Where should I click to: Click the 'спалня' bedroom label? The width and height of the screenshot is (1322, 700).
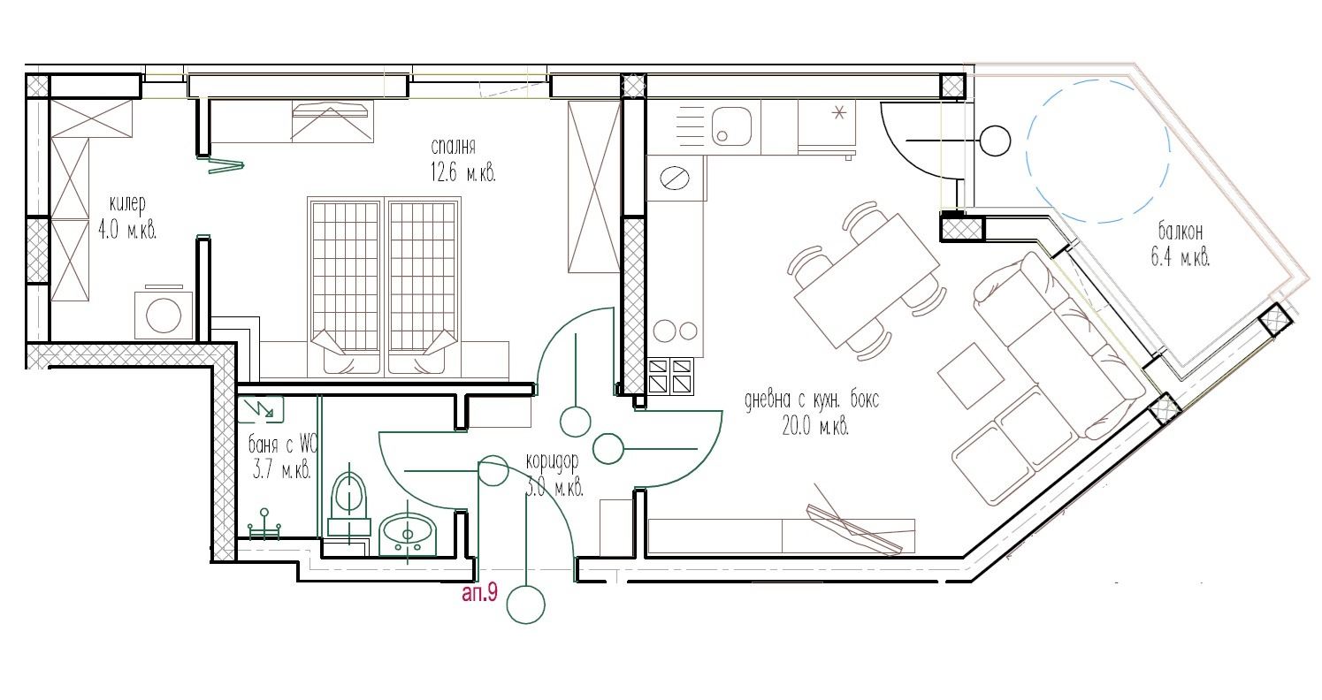pos(453,146)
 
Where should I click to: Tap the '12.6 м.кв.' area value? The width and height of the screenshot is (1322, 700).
pos(463,173)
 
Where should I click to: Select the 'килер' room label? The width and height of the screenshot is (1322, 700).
pos(127,204)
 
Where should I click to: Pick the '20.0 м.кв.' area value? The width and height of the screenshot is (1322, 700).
pos(815,426)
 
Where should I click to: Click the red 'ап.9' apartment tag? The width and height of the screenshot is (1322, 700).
pos(480,593)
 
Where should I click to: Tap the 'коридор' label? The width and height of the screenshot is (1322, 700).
pos(552,461)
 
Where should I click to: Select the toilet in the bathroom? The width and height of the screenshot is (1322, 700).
pos(348,504)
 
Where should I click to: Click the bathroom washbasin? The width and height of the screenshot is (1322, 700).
pos(408,535)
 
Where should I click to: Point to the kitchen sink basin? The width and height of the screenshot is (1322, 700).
pos(731,126)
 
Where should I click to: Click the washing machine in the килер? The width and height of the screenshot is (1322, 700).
pos(164,313)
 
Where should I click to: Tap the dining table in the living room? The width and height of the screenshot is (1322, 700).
pos(867,280)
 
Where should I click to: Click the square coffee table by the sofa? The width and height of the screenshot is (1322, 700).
pos(971,376)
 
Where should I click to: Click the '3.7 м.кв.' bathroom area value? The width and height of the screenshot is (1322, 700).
pos(281,470)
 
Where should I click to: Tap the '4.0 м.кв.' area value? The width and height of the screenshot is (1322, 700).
pos(127,230)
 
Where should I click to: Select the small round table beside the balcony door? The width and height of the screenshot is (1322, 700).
pos(995,141)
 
